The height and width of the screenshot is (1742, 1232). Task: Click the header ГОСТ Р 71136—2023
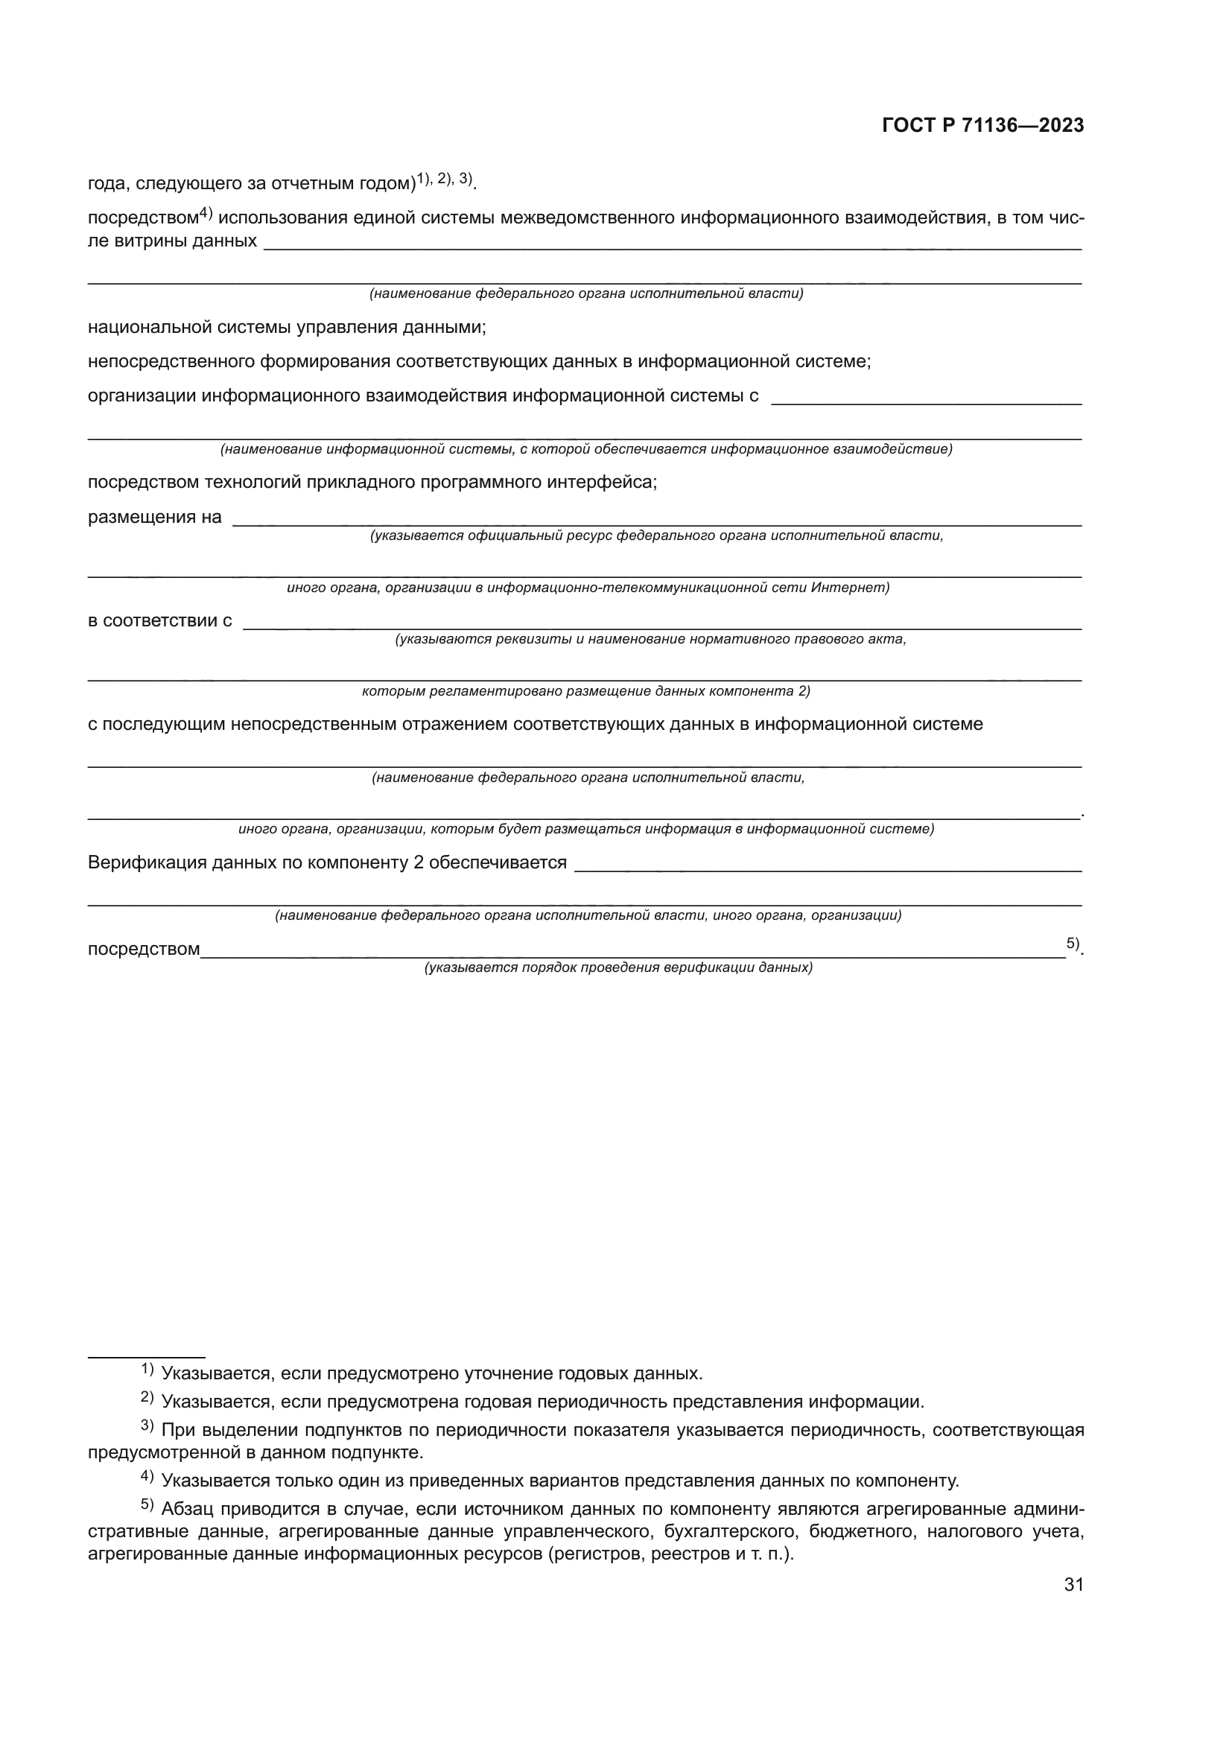(x=982, y=126)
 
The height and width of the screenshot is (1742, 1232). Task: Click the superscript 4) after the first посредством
(x=206, y=214)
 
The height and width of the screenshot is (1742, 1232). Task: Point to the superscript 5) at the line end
(x=1072, y=943)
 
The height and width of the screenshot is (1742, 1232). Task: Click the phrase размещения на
(x=155, y=518)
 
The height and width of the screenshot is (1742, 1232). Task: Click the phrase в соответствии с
(x=159, y=620)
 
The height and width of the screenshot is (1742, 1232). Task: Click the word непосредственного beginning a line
(x=171, y=362)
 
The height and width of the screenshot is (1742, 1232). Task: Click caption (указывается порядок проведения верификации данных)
(x=618, y=967)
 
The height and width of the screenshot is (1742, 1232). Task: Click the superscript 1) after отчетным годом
(x=423, y=178)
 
